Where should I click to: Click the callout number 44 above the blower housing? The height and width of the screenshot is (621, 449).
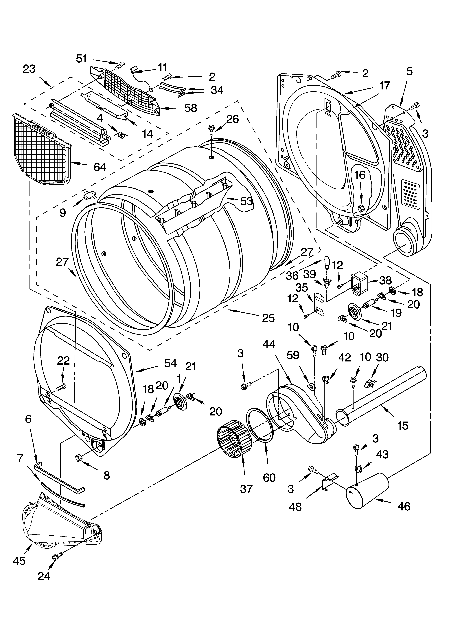coord(269,344)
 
